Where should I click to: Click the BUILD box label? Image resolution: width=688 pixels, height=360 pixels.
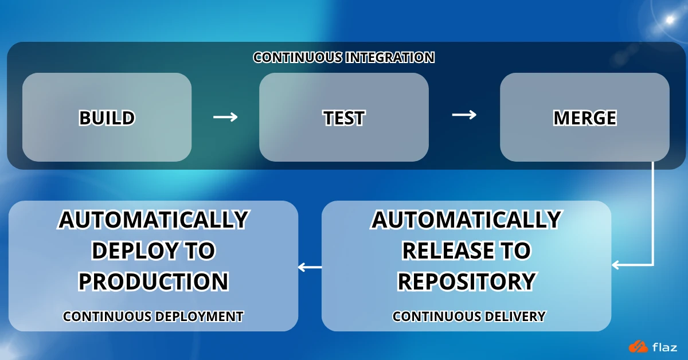[107, 118]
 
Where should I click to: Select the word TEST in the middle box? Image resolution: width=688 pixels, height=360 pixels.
[343, 118]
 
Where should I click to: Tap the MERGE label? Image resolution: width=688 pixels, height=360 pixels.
[584, 118]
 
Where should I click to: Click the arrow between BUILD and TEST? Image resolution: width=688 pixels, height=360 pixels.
[225, 117]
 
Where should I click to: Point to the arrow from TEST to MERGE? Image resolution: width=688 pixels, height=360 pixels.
[464, 115]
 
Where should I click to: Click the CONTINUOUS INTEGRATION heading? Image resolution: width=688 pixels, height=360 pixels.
[343, 58]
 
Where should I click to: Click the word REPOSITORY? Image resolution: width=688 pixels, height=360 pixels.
[466, 281]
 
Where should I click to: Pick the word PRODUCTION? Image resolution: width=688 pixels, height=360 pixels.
[153, 281]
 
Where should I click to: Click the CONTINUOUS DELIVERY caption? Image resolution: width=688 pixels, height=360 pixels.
[468, 316]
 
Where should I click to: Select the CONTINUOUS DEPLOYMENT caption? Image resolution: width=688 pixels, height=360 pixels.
[153, 316]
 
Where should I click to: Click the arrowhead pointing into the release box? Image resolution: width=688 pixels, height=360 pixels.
[616, 265]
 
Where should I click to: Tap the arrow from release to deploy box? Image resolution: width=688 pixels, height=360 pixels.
[310, 267]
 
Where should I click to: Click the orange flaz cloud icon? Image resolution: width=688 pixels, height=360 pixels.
[638, 346]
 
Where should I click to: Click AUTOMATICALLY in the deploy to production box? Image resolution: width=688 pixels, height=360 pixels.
[153, 220]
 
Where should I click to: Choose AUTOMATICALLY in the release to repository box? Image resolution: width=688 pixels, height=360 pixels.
[466, 220]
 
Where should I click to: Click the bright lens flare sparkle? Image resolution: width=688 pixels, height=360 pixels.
[669, 19]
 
